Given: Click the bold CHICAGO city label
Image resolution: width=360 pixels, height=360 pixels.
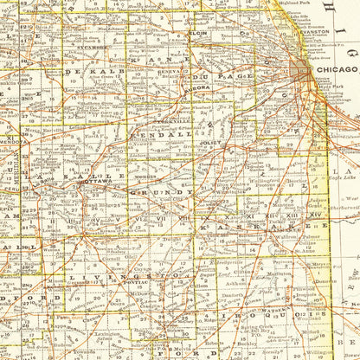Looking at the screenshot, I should click(338, 68).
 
